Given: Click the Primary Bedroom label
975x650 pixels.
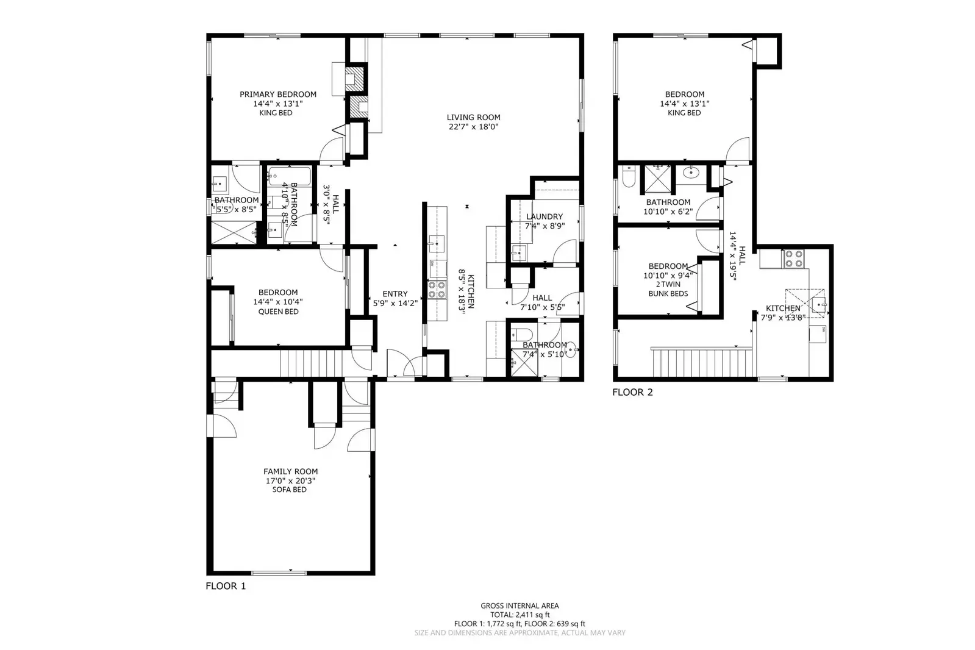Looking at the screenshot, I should (277, 95).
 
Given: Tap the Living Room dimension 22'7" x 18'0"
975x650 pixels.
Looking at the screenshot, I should (473, 127).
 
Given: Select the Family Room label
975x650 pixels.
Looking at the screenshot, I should (290, 471).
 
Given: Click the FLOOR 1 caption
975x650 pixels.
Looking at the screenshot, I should (226, 586).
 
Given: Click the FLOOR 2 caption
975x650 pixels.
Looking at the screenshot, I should (632, 392).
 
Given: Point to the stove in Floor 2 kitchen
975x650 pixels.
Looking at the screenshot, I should (794, 259).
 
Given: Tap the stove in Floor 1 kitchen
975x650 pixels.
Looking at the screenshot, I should (437, 289).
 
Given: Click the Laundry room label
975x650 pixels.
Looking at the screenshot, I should (544, 216).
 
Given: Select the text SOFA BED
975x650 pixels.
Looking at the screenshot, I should (290, 490).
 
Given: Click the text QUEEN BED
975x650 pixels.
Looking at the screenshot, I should (278, 312).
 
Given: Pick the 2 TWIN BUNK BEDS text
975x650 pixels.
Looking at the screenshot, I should (668, 289).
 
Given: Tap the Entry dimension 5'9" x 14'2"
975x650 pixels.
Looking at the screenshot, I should (395, 303).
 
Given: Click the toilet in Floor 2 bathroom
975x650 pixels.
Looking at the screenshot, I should (629, 177).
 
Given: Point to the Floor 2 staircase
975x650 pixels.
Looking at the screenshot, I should (701, 362).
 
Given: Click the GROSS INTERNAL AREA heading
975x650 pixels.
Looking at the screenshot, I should (520, 605).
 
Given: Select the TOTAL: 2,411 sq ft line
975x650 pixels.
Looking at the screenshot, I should (520, 615).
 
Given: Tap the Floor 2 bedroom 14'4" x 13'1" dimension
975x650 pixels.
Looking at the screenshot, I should (684, 104).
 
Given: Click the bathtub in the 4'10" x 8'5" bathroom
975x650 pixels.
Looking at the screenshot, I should (290, 176).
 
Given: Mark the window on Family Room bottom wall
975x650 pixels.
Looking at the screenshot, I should (279, 572).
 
